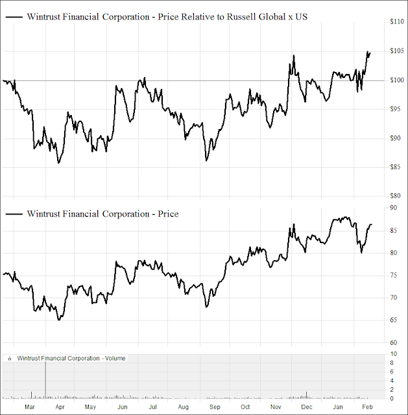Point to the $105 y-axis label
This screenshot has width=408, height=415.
[x=398, y=51]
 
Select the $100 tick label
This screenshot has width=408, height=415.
[x=398, y=80]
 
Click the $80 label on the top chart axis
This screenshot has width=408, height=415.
[x=396, y=195]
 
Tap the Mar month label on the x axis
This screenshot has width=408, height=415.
[x=29, y=407]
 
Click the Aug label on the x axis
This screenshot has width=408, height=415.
[x=183, y=407]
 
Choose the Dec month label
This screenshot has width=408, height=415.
[x=307, y=407]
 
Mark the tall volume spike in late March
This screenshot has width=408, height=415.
[x=45, y=379]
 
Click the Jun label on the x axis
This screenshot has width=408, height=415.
[x=121, y=407]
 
